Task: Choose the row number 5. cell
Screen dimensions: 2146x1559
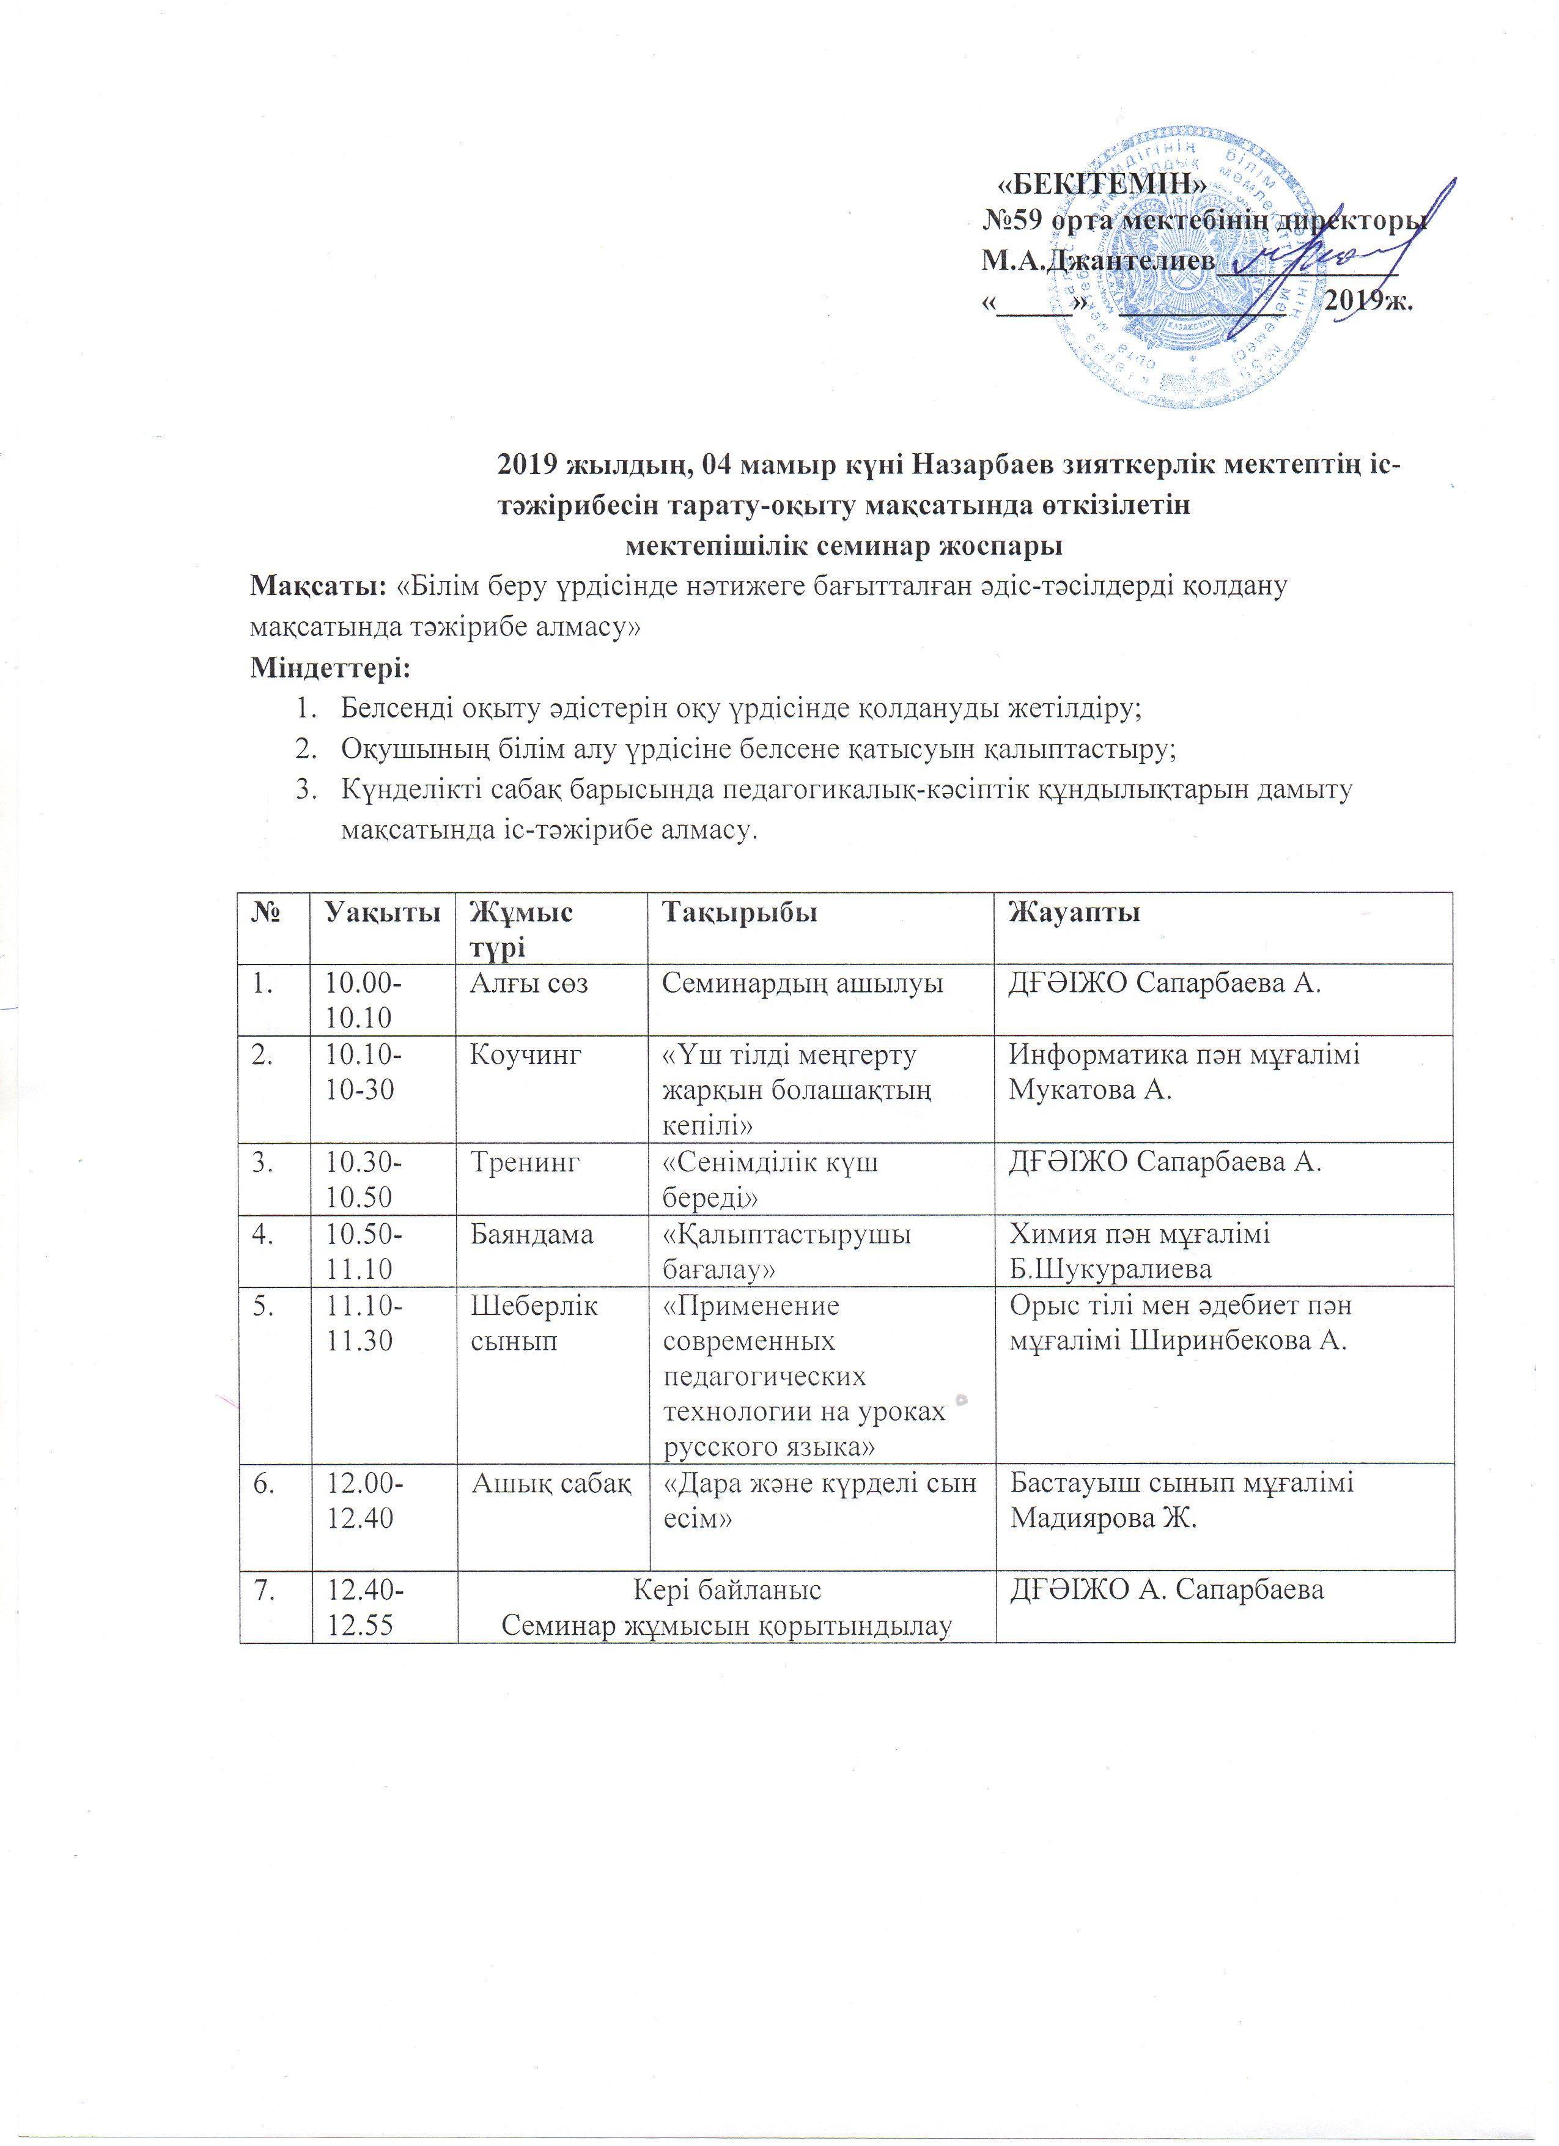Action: (260, 1306)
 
